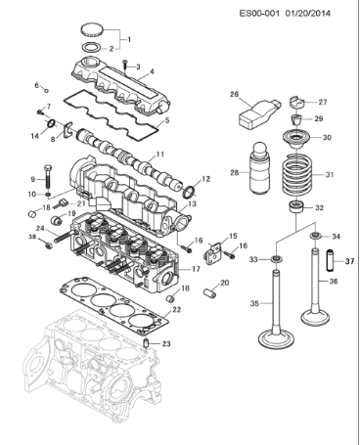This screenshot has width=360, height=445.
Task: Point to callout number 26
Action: pyautogui.click(x=234, y=95)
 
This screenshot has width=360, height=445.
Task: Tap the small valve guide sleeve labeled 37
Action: pyautogui.click(x=330, y=261)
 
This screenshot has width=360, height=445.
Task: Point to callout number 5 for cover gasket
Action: pyautogui.click(x=166, y=119)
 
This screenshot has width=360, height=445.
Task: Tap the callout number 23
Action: pyautogui.click(x=166, y=344)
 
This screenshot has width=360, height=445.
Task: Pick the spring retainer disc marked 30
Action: pyautogui.click(x=292, y=138)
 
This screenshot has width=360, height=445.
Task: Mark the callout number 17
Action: pyautogui.click(x=196, y=268)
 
